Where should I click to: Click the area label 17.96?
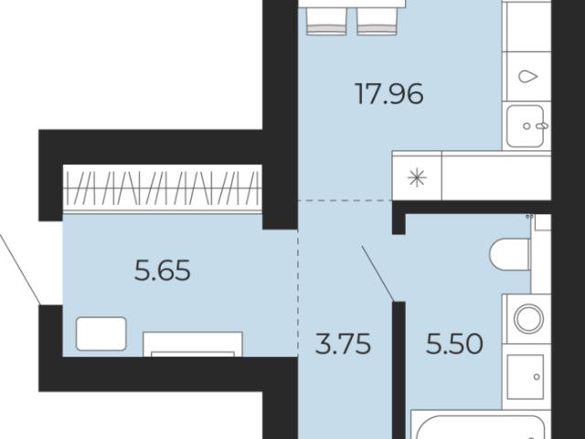(x=389, y=93)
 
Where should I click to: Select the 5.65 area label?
(x=163, y=271)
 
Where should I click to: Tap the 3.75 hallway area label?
(x=343, y=344)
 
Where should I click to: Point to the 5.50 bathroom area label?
(x=454, y=344)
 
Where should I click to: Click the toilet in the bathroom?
(x=510, y=254)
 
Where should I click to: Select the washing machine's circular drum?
(x=528, y=318)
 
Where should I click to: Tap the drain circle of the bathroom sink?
(x=537, y=377)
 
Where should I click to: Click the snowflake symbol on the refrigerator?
(x=417, y=177)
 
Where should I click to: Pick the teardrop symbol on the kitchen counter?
(x=528, y=77)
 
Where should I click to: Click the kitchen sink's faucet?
(x=542, y=126)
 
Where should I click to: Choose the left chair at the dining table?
(x=326, y=21)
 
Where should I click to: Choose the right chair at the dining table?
(x=377, y=21)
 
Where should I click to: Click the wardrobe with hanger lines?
(x=163, y=189)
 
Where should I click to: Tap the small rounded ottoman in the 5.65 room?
(x=101, y=334)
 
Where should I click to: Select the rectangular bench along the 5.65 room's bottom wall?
(x=193, y=344)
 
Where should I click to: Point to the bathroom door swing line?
(x=378, y=273)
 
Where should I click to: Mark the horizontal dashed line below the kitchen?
(x=345, y=201)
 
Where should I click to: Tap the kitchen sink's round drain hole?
(x=526, y=126)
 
